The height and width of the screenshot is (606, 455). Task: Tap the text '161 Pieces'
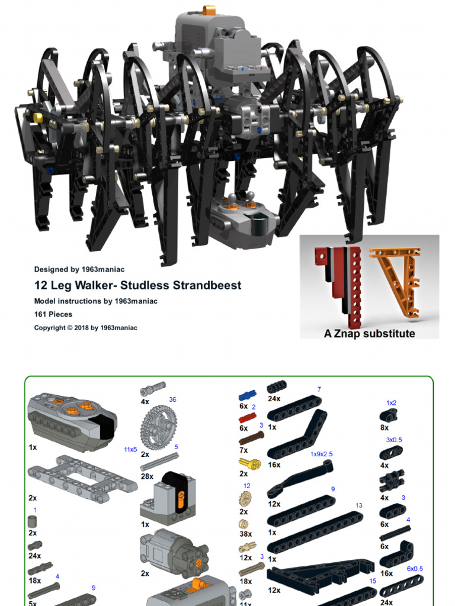(53, 314)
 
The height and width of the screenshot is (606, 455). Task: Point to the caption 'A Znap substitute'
(369, 333)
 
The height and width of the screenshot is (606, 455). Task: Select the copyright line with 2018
(85, 327)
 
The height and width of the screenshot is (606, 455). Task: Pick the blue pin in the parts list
(248, 394)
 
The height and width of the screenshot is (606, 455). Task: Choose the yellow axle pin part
(249, 464)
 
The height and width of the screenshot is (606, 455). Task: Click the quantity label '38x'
(245, 533)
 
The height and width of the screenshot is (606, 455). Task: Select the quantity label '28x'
(147, 476)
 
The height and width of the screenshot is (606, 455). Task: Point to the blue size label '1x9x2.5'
(322, 454)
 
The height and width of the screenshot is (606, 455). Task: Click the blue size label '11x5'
(130, 450)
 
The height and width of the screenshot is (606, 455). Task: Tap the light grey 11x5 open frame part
(82, 476)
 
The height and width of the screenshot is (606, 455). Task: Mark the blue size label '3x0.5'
(394, 440)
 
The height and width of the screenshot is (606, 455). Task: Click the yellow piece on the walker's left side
(38, 117)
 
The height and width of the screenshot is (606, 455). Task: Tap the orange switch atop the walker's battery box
(208, 10)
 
